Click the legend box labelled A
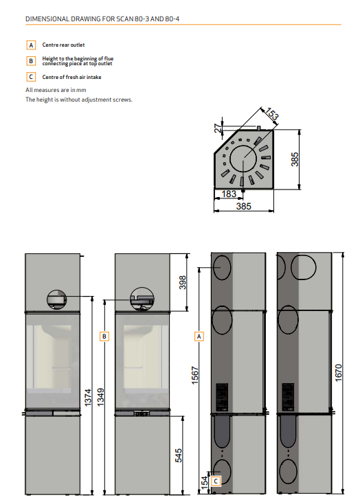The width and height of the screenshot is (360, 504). pyautogui.click(x=31, y=45)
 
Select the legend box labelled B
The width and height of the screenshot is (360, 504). pyautogui.click(x=31, y=60)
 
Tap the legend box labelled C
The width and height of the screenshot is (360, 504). pyautogui.click(x=31, y=77)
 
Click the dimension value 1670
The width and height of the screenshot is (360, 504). pyautogui.click(x=339, y=373)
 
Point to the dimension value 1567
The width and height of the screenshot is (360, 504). pyautogui.click(x=195, y=375)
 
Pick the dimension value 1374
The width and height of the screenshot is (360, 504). pyautogui.click(x=88, y=398)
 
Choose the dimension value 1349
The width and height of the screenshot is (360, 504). pyautogui.click(x=101, y=398)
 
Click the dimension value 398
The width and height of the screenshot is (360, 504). pyautogui.click(x=183, y=282)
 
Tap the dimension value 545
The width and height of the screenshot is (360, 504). pyautogui.click(x=179, y=455)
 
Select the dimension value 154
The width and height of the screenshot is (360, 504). pyautogui.click(x=205, y=483)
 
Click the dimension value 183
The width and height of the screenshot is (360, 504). pyautogui.click(x=229, y=194)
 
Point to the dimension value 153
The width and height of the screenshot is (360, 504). pyautogui.click(x=272, y=114)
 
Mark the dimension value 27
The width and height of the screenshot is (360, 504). pyautogui.click(x=218, y=128)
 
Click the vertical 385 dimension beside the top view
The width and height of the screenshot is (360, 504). pyautogui.click(x=295, y=159)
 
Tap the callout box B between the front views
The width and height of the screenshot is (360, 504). pyautogui.click(x=104, y=336)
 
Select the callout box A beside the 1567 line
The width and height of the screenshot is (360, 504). pyautogui.click(x=199, y=336)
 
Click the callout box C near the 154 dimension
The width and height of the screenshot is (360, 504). pyautogui.click(x=216, y=481)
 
